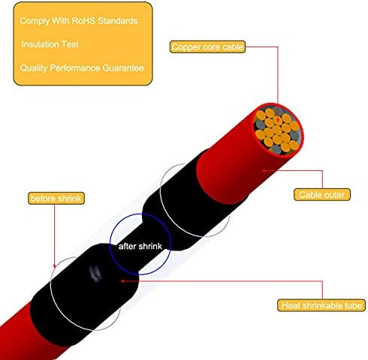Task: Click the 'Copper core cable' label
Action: [207, 46]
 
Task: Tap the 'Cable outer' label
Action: [322, 194]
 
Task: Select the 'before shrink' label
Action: [56, 198]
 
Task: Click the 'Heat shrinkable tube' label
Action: [321, 305]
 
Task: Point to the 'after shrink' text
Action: [140, 246]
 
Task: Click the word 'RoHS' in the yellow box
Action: [83, 20]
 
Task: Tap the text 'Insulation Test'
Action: [50, 44]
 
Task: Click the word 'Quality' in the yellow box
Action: [34, 68]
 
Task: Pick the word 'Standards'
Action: [117, 20]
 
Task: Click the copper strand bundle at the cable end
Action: [277, 130]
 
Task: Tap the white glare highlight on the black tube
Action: [95, 273]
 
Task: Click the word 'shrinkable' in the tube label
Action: [322, 305]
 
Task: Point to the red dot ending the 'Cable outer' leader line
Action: [264, 170]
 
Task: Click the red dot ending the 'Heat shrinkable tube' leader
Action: [122, 281]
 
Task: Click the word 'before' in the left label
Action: [42, 198]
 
